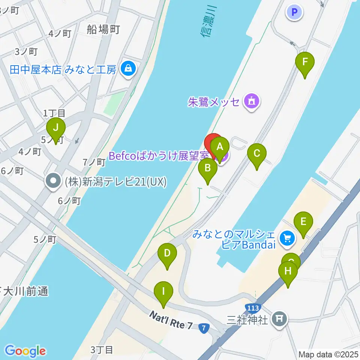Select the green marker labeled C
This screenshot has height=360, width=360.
tap(257, 154)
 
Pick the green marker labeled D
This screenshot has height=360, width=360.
tap(167, 254)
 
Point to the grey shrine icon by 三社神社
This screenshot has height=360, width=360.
tap(279, 318)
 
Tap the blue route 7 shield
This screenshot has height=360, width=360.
tap(204, 328)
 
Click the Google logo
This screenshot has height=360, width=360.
tap(25, 351)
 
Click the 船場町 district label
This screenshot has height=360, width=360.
tap(103, 29)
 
